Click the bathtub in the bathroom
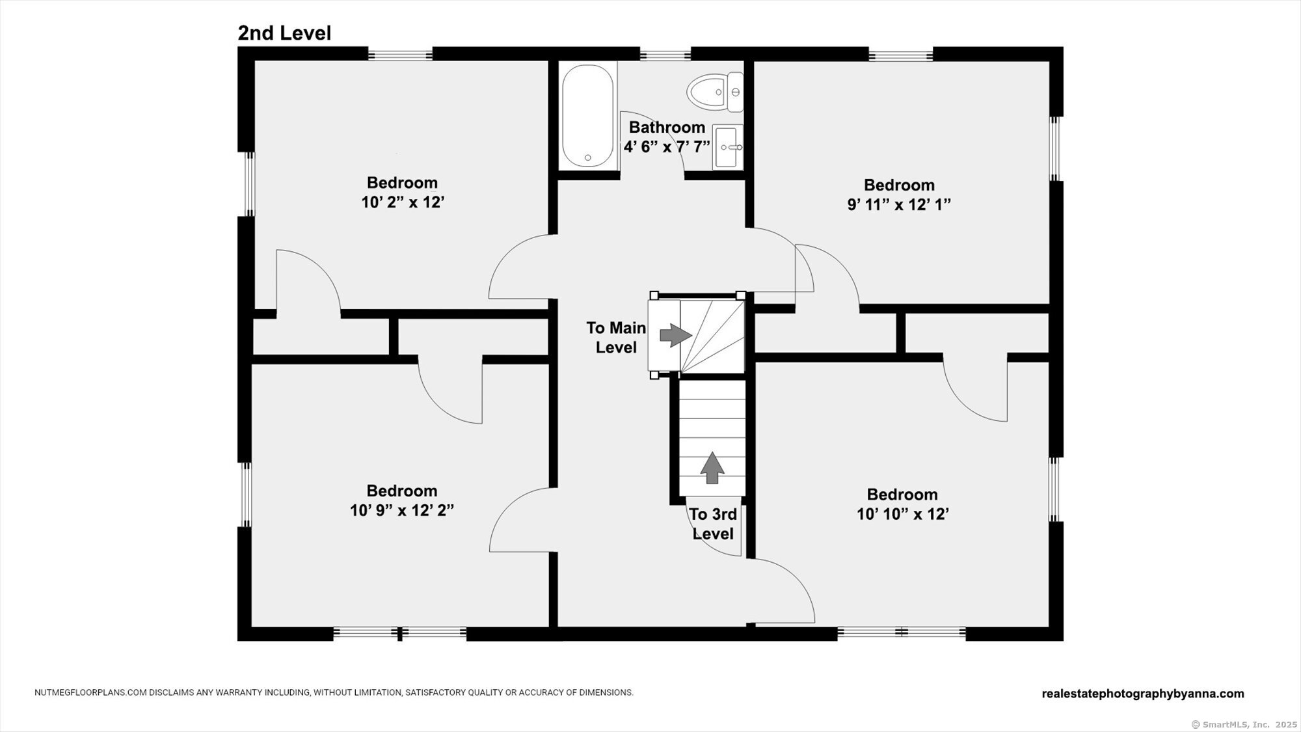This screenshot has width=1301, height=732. point(587,116)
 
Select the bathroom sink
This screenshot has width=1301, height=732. point(728,147)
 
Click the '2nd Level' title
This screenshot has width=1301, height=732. point(284,33)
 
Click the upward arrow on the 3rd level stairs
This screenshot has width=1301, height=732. point(712,468)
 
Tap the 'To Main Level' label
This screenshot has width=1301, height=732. point(616,338)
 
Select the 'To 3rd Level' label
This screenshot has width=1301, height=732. point(713,524)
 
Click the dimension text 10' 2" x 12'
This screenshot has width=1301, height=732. point(403,202)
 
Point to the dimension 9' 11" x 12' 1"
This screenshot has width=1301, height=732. point(899,205)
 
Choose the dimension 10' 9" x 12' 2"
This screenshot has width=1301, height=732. point(402,511)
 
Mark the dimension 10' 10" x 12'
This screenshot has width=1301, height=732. point(902,515)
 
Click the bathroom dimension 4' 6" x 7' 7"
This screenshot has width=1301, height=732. point(667,147)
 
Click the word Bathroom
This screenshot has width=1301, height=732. point(667,128)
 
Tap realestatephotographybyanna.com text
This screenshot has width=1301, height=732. point(1143,694)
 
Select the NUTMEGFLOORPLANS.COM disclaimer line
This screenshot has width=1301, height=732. point(334,693)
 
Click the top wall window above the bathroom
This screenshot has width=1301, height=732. point(665,54)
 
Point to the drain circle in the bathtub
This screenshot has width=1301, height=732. point(587,157)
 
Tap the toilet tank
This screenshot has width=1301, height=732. point(736,92)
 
